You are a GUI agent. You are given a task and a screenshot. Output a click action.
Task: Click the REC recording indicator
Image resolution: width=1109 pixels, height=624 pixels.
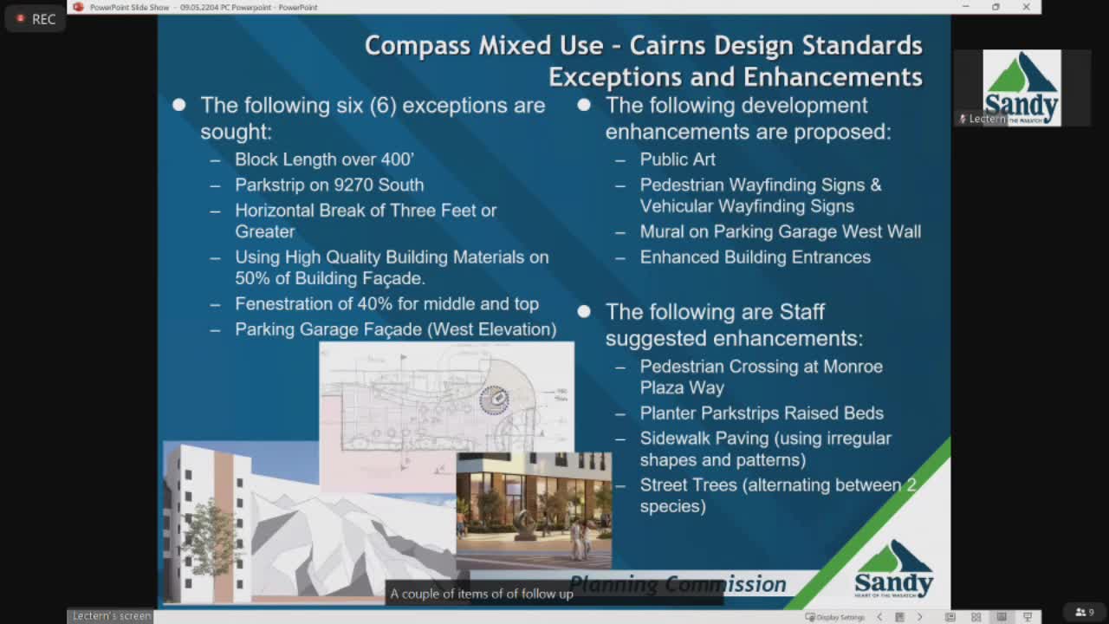(36, 18)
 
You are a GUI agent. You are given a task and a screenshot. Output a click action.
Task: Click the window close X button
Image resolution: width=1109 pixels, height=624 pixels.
(1026, 7)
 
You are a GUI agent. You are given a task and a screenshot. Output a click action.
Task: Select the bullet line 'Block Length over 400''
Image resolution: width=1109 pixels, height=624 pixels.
(324, 159)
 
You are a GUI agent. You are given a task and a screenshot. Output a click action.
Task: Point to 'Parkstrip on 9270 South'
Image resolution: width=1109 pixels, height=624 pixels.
(329, 185)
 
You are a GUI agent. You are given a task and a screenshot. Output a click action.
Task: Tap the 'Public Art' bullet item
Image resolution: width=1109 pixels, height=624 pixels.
(678, 159)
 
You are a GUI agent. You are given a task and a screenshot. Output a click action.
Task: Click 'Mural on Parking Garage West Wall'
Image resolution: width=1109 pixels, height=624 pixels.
(780, 231)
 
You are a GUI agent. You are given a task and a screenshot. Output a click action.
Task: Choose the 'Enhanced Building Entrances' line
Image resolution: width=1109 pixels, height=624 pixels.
(755, 257)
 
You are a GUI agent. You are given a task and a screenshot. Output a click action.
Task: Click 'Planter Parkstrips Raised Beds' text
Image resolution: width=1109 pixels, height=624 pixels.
(762, 413)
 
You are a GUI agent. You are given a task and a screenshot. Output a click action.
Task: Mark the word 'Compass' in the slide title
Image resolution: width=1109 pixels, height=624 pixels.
(418, 45)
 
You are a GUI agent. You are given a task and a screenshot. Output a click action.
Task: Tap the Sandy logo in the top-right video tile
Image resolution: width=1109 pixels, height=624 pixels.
(1021, 88)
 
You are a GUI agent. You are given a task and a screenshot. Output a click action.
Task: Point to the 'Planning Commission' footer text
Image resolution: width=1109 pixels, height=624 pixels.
(678, 584)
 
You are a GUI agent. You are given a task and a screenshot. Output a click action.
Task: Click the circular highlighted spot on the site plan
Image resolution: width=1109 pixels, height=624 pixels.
(495, 400)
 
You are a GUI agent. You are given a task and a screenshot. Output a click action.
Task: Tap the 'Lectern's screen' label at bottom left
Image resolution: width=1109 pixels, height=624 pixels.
(111, 616)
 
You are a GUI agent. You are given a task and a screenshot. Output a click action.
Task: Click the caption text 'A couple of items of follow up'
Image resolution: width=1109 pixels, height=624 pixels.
(482, 594)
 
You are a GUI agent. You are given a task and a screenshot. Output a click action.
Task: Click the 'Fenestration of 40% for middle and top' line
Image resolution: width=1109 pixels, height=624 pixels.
(386, 304)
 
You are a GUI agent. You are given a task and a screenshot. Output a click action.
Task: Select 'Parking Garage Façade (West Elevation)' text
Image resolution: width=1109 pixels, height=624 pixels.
(395, 329)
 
